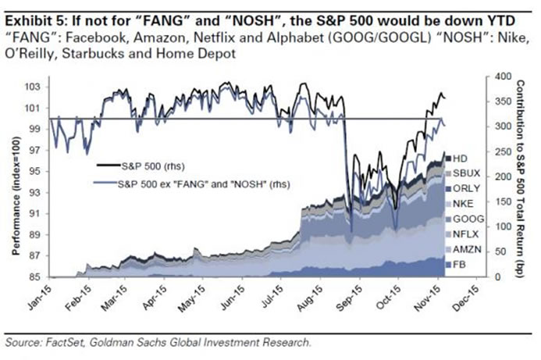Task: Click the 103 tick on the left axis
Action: point(34,87)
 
